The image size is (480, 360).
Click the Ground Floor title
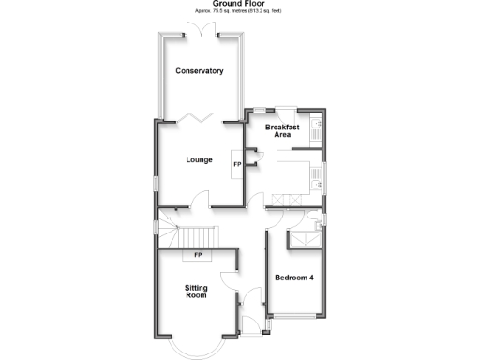click(x=239, y=4)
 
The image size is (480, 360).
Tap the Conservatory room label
click(x=199, y=71)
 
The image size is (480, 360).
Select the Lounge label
click(x=200, y=159)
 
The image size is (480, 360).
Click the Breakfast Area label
click(x=282, y=130)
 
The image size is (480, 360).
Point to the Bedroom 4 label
click(x=293, y=277)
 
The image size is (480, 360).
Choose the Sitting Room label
click(x=195, y=291)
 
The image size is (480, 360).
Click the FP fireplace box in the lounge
click(x=236, y=164)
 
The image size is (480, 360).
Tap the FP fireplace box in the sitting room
click(x=198, y=255)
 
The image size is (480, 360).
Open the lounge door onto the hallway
click(x=201, y=199)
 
